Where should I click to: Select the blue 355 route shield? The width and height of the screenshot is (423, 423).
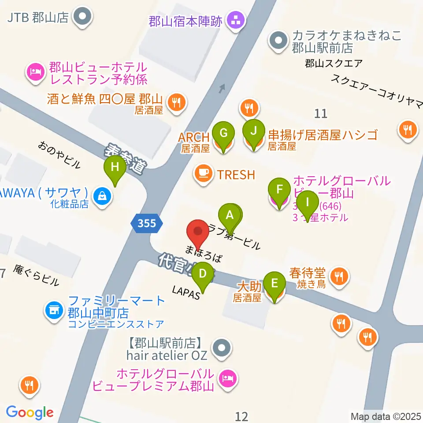coord(147,223)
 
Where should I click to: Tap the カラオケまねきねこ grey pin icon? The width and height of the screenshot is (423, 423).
coord(278,41)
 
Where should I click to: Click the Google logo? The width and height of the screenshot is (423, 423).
coord(30,412)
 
